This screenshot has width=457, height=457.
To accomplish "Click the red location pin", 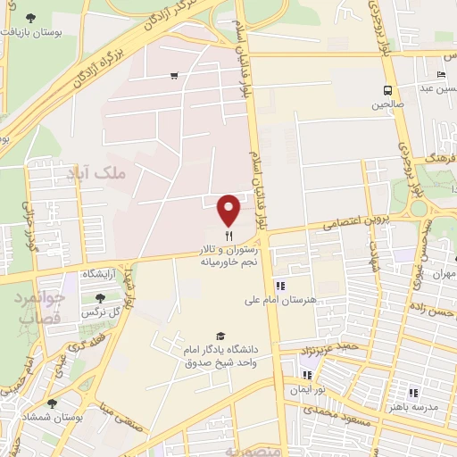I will (x=229, y=210).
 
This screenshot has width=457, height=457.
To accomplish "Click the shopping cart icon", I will (x=173, y=76).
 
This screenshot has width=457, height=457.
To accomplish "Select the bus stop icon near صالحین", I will (x=387, y=90).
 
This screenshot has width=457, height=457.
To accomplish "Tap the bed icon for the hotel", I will (x=441, y=75).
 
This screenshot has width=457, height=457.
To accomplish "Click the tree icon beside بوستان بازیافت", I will (x=32, y=18).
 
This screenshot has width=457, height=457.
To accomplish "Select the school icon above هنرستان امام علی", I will (x=280, y=286).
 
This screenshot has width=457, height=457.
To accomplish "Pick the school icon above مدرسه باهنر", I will (x=413, y=392).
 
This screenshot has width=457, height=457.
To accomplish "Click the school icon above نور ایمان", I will (x=308, y=376).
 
